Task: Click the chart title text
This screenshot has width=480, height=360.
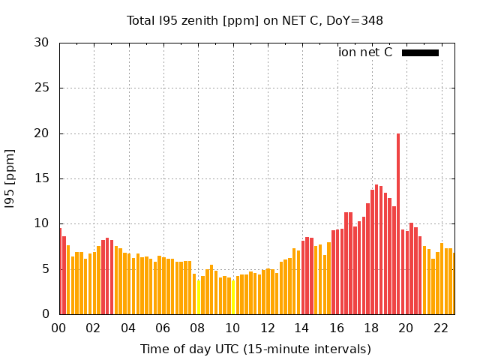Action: click(255, 21)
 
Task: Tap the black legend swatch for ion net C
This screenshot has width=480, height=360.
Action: click(420, 52)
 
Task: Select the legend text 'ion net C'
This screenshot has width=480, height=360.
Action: click(365, 52)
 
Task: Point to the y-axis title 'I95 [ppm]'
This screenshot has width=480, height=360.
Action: click(10, 178)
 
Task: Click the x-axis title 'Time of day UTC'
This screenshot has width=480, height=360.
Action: click(255, 349)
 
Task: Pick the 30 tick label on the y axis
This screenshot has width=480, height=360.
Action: click(42, 43)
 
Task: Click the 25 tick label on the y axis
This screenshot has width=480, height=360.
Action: click(42, 88)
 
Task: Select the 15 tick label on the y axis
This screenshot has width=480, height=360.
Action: click(42, 178)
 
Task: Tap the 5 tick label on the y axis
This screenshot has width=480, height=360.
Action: click(46, 269)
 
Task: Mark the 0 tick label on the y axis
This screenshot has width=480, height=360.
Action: click(46, 314)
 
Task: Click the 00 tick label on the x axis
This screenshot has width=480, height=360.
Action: click(59, 328)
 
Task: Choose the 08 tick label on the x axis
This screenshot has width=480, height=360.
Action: click(198, 328)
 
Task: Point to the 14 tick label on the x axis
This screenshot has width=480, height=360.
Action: click(302, 328)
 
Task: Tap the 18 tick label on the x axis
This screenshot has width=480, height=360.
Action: click(371, 328)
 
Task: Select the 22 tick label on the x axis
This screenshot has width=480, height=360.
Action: click(441, 328)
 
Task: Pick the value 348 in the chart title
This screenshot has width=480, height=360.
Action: click(373, 21)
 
